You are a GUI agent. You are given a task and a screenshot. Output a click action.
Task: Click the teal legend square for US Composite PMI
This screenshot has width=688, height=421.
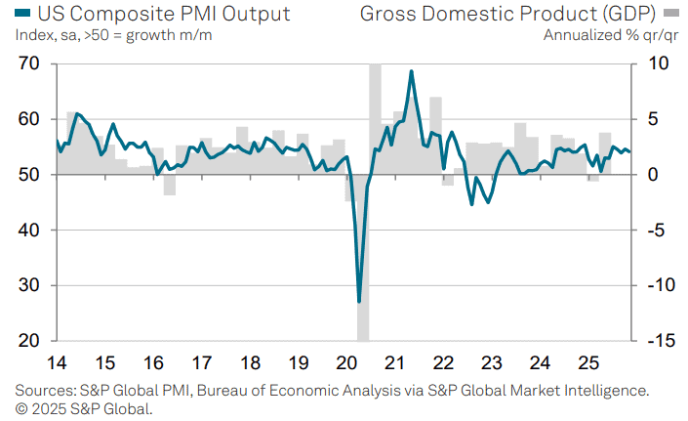22,13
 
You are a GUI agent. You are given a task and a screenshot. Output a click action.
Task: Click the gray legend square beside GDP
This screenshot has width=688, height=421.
670,13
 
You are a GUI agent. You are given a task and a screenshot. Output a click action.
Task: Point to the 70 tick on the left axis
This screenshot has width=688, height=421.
29,63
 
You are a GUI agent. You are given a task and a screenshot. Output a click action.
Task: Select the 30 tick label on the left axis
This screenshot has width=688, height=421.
29,285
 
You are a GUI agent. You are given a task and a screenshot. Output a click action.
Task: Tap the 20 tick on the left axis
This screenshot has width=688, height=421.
29,341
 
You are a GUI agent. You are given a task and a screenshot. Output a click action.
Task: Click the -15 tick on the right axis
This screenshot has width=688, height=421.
662,341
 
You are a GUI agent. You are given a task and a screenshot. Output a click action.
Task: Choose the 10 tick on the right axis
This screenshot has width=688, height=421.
658,63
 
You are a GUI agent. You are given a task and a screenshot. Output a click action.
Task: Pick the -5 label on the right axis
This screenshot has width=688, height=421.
659,230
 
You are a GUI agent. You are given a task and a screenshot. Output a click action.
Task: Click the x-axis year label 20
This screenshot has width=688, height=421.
346,363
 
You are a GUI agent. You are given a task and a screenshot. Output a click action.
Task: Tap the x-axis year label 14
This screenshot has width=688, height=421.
57,363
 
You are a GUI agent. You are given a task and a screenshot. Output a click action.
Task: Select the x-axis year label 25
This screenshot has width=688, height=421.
587,363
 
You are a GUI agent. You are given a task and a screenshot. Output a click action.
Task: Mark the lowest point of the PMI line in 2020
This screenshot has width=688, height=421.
359,302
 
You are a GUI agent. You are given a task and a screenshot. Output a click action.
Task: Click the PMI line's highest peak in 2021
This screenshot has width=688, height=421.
411,71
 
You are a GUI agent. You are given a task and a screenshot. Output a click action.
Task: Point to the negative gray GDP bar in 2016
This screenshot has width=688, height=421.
170,185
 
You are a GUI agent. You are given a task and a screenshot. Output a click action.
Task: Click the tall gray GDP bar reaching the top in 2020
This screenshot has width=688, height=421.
375,119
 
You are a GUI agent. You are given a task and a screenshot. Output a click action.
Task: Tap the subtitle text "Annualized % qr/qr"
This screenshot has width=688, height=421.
611,35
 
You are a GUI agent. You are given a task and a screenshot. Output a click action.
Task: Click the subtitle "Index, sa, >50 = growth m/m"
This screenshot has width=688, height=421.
113,35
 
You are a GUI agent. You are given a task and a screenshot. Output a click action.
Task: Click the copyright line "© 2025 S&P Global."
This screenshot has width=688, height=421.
84,409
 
